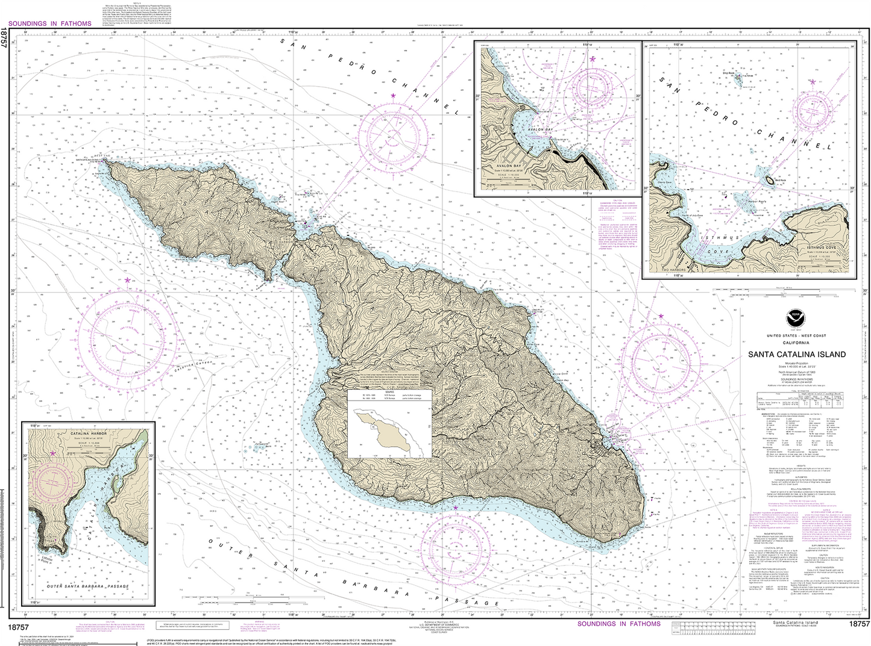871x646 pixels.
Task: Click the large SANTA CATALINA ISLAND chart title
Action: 797,355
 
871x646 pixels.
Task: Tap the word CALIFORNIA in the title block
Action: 797,342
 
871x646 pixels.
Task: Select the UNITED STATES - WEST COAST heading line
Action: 797,335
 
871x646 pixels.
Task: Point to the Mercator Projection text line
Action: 797,364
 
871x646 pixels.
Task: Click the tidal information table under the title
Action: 797,398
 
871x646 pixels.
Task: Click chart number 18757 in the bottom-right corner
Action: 858,624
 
